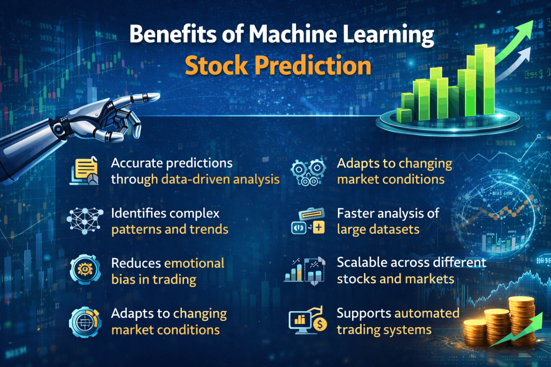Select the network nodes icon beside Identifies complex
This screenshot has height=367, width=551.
pyautogui.click(x=85, y=220)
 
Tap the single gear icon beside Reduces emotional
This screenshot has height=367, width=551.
pyautogui.click(x=85, y=270)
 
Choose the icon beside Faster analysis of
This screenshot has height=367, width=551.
pyautogui.click(x=307, y=220)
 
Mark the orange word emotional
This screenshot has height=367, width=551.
pyautogui.click(x=194, y=263)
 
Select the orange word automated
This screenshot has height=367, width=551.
pyautogui.click(x=427, y=313)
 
